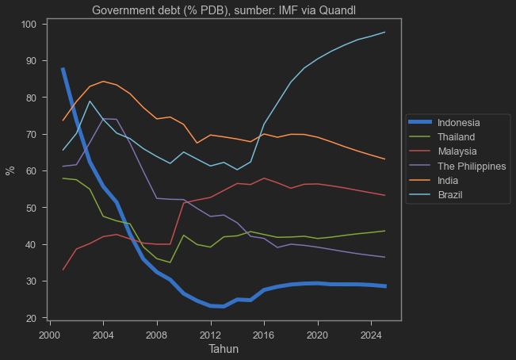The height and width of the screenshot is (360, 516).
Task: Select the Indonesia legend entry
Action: (x=459, y=122)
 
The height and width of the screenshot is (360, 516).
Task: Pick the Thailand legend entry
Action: (x=456, y=137)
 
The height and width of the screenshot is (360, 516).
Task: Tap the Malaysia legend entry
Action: (x=456, y=151)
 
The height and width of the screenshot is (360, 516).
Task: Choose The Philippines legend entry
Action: (x=471, y=166)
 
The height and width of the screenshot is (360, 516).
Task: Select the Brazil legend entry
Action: (x=450, y=194)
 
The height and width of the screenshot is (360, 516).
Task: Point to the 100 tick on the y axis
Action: (x=29, y=25)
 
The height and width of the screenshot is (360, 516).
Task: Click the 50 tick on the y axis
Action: (x=32, y=208)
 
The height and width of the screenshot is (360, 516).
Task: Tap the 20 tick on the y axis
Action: (x=32, y=318)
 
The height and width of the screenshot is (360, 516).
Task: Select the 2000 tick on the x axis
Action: (x=50, y=333)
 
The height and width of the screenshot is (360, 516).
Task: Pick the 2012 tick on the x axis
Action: (x=211, y=333)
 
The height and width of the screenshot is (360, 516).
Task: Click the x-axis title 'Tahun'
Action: (x=224, y=349)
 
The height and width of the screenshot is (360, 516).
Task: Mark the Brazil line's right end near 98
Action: (x=385, y=33)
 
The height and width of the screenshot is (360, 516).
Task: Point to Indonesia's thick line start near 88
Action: (x=63, y=69)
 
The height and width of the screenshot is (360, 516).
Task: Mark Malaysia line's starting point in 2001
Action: (x=63, y=270)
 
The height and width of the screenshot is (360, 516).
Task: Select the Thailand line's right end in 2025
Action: (x=385, y=231)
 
